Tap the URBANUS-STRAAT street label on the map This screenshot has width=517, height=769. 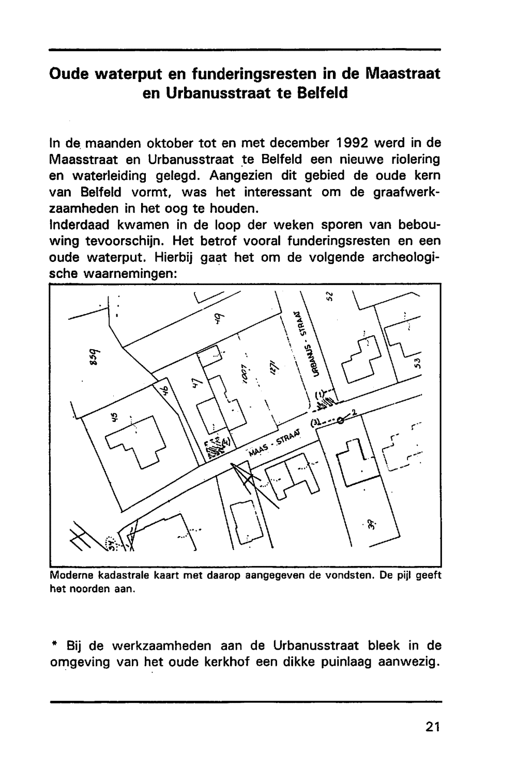(x=310, y=343)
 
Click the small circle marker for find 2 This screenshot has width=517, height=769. (x=340, y=420)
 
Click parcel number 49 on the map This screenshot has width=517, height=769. (x=219, y=321)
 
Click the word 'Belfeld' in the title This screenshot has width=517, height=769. (x=322, y=93)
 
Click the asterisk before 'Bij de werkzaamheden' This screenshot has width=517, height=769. (x=54, y=646)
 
